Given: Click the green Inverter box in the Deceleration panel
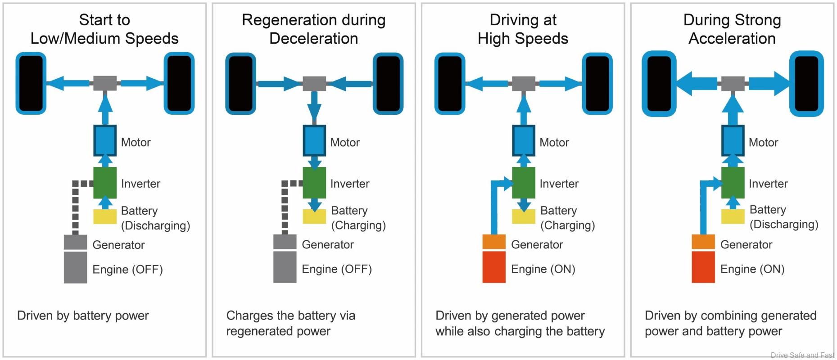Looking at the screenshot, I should (x=314, y=183).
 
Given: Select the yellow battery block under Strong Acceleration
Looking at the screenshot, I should (x=733, y=216).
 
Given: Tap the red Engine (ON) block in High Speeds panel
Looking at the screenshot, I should (x=494, y=267).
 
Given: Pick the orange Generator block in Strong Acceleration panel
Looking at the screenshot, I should (x=703, y=242).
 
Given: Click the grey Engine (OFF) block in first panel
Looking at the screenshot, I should (x=75, y=267).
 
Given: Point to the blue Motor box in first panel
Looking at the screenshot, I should (x=105, y=140).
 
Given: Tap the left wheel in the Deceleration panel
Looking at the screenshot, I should (x=240, y=84).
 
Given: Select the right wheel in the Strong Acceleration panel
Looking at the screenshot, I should (x=806, y=84).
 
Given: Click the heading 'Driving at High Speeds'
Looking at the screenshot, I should (x=523, y=29).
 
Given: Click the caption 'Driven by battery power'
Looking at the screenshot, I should (x=83, y=315).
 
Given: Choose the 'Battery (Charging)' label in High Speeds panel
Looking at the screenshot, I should (x=567, y=218).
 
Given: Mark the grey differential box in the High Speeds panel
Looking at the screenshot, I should (x=524, y=84).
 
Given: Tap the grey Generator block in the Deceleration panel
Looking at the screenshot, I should (x=285, y=242).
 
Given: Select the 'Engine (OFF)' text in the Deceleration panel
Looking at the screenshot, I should (x=337, y=269).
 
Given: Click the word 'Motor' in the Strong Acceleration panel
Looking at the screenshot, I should (x=763, y=143).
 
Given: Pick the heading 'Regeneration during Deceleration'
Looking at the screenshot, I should (x=313, y=29).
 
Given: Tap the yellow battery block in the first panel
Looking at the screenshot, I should (x=105, y=216).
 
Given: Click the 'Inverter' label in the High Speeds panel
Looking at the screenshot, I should (x=559, y=184).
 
